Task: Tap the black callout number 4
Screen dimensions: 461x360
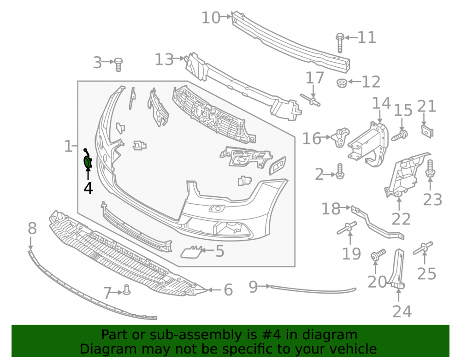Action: (88, 188)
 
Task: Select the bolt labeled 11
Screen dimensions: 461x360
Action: (340, 43)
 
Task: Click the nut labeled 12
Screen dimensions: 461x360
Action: (342, 83)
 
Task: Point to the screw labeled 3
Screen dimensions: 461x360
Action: (118, 65)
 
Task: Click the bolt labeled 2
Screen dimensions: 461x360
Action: (340, 171)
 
